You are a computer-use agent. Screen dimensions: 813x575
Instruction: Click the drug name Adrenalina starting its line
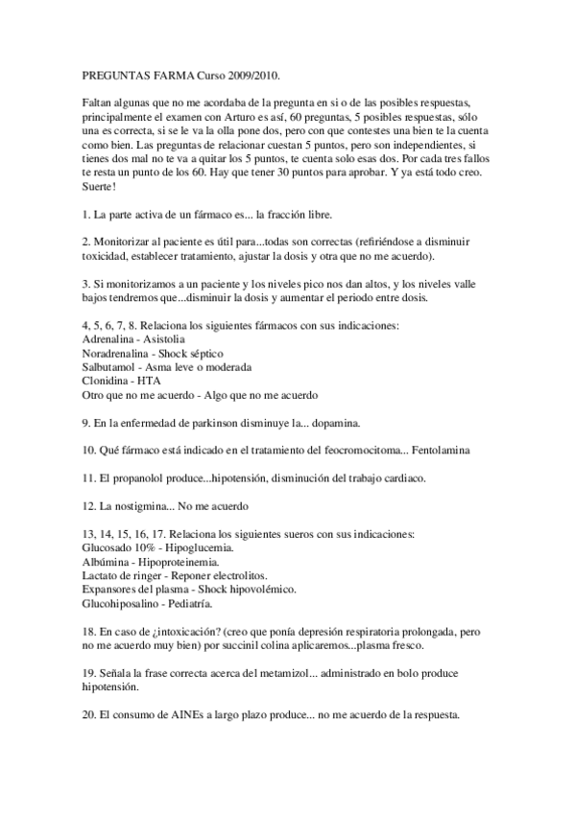tap(108, 339)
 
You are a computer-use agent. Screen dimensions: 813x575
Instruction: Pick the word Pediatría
tap(187, 604)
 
